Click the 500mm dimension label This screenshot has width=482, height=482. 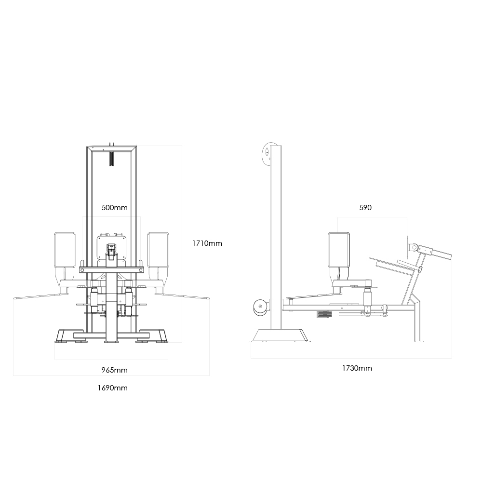tap(114, 208)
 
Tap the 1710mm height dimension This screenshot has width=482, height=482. tap(207, 243)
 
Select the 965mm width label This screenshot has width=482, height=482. tap(114, 370)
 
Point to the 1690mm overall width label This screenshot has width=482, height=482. tap(112, 388)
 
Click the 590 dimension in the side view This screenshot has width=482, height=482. tap(365, 208)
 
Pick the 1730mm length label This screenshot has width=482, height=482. tap(357, 368)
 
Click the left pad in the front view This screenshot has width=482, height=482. tap(65, 250)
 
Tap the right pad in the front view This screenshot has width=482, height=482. tap(158, 250)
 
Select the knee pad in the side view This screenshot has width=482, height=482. tap(339, 250)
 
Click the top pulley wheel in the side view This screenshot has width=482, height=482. tap(269, 152)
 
